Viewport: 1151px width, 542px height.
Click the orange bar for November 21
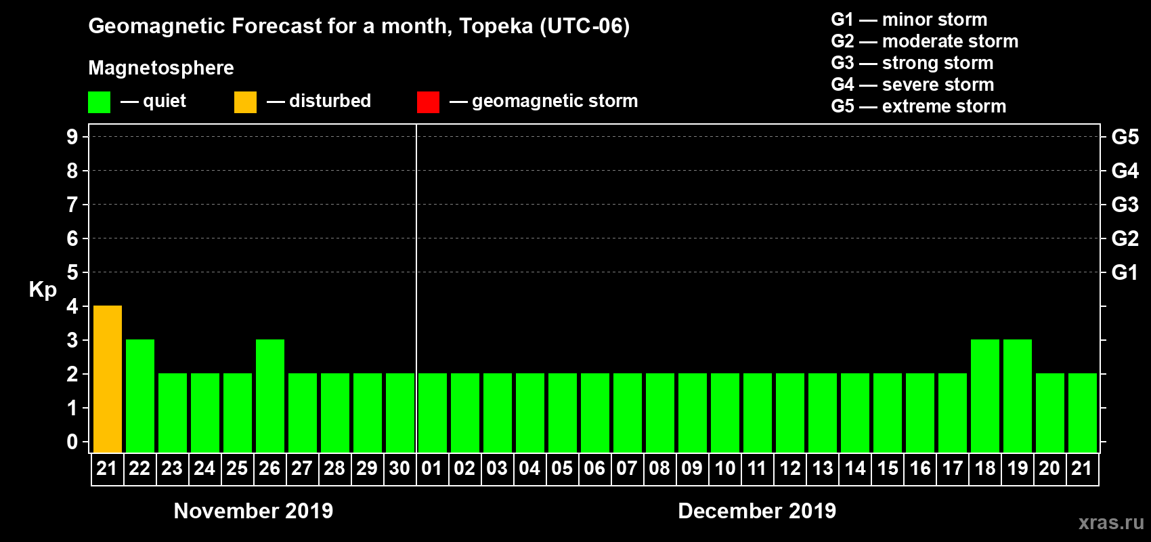point(108,379)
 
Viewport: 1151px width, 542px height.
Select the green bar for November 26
point(270,396)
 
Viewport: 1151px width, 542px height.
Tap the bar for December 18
point(985,396)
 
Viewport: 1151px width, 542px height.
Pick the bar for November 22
point(140,396)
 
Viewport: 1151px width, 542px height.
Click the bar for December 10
point(725,413)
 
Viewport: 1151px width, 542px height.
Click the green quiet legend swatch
point(99,102)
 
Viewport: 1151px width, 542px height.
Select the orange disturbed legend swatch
point(245,102)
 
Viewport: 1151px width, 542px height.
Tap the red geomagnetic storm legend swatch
point(428,102)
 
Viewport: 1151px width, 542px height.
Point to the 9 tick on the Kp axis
point(72,137)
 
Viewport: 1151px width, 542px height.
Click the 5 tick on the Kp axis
point(72,272)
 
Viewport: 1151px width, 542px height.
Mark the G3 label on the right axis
point(1125,205)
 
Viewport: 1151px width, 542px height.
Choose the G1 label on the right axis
point(1125,272)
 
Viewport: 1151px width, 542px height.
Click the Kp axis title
point(43,290)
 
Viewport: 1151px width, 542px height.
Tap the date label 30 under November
point(399,468)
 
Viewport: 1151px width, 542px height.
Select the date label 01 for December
point(432,468)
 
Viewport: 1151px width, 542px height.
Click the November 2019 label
point(253,511)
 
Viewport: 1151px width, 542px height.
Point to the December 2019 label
point(757,511)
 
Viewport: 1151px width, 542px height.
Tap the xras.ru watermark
point(1111,522)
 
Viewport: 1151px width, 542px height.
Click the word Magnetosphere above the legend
point(161,68)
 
